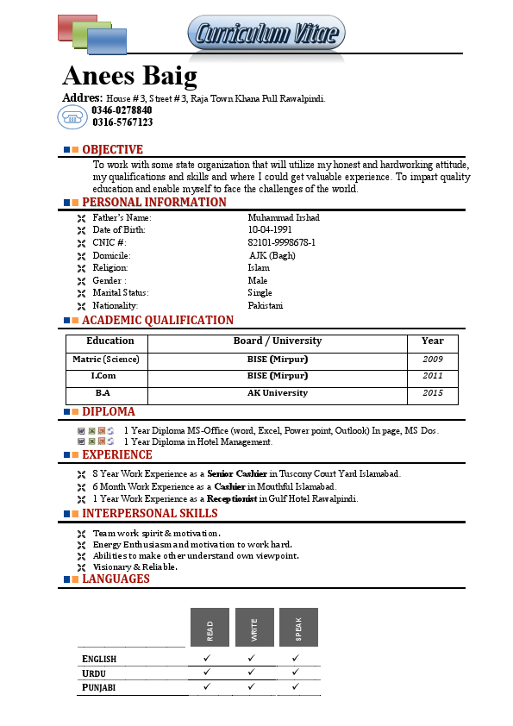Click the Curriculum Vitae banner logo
pyautogui.click(x=266, y=34)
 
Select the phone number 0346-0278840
pyautogui.click(x=122, y=110)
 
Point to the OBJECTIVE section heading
pyautogui.click(x=112, y=150)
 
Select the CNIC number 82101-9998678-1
pyautogui.click(x=281, y=243)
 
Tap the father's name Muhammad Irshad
pyautogui.click(x=283, y=218)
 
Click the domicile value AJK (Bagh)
pyautogui.click(x=272, y=256)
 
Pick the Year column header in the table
pyautogui.click(x=432, y=341)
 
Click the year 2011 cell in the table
pyautogui.click(x=432, y=376)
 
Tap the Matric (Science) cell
pyautogui.click(x=105, y=360)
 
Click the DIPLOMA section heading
pyautogui.click(x=108, y=412)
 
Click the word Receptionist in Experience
pyautogui.click(x=235, y=499)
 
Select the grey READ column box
pyautogui.click(x=210, y=627)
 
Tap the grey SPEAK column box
pyautogui.click(x=298, y=627)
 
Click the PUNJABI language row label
pyautogui.click(x=99, y=688)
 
